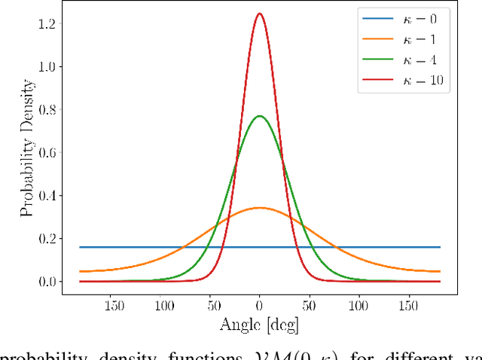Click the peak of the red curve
click(259, 14)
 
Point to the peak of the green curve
click(259, 116)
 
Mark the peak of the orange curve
click(259, 207)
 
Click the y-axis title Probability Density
click(27, 151)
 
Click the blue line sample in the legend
click(373, 21)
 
